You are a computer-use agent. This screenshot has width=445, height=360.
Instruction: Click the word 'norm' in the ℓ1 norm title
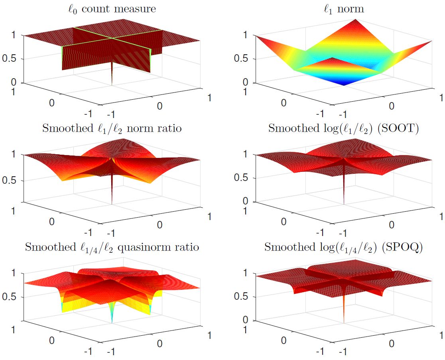(x=350, y=9)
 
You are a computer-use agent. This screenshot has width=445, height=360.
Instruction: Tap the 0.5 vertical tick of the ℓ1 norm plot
(x=241, y=59)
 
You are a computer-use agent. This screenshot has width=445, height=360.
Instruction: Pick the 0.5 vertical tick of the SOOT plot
(x=241, y=178)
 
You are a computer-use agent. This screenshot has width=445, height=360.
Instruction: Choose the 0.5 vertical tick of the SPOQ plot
(x=241, y=297)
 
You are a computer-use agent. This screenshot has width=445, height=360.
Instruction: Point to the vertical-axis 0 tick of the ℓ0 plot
(x=14, y=83)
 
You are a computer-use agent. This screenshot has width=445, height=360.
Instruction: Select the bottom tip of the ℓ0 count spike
(x=112, y=84)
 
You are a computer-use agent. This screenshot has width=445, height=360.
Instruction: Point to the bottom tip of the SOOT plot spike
(x=343, y=204)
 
